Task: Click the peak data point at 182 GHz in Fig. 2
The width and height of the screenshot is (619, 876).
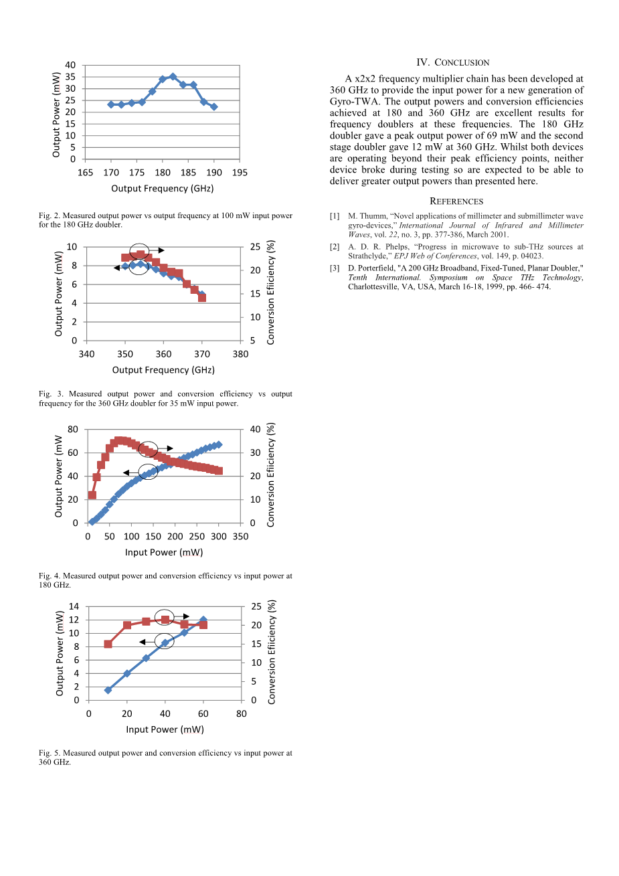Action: tap(173, 77)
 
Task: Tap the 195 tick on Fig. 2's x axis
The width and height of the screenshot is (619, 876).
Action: tap(240, 173)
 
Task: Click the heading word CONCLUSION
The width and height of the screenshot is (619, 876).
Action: tap(462, 63)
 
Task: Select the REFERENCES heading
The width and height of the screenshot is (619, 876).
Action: tap(456, 201)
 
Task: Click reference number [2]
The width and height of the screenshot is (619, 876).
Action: tap(335, 247)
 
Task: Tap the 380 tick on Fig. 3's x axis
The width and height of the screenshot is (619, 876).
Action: tap(240, 354)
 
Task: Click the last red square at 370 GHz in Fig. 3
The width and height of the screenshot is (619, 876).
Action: tap(202, 298)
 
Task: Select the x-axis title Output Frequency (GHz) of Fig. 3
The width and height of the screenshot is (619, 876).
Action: tap(163, 370)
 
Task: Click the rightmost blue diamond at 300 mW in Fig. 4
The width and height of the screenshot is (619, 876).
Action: tap(219, 444)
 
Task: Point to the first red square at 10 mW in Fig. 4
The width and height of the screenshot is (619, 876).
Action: tap(92, 495)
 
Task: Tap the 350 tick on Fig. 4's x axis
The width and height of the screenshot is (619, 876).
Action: tap(240, 537)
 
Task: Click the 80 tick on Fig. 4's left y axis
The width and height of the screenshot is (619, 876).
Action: tap(73, 430)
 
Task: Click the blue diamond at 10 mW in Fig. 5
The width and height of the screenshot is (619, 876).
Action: tap(108, 690)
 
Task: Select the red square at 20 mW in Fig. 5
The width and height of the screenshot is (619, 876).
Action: tap(127, 625)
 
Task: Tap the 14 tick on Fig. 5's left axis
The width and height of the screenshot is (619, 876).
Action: tap(74, 607)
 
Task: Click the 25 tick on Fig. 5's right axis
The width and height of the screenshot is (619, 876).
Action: tap(255, 607)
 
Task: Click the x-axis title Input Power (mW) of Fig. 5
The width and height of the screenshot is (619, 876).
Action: tap(165, 729)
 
